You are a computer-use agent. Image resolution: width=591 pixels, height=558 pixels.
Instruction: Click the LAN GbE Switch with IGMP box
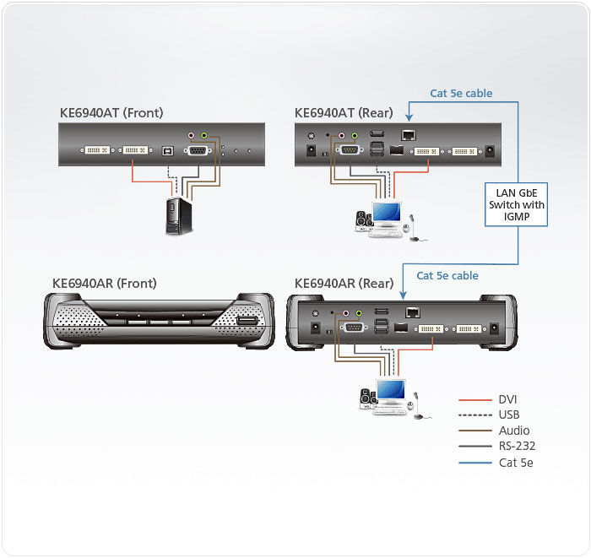tap(518, 205)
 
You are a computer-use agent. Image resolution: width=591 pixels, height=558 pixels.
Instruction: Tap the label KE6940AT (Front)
tap(111, 112)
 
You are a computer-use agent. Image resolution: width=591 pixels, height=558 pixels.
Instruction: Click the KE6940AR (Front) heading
tap(105, 284)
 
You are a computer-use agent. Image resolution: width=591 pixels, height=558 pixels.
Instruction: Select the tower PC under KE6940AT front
tap(178, 215)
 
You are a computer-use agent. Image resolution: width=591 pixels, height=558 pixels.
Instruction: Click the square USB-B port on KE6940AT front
tap(167, 152)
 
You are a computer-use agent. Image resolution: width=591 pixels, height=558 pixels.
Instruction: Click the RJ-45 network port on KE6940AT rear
tap(408, 135)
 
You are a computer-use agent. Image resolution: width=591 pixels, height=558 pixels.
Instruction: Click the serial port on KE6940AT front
tap(200, 151)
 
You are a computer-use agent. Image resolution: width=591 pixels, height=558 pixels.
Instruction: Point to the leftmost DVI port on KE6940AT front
tap(95, 152)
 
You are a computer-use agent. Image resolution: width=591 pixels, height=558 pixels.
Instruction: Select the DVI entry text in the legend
tap(507, 399)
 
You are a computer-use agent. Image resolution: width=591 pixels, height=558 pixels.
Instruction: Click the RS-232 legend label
tap(517, 446)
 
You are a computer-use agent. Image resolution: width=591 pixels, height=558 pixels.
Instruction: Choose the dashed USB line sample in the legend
tap(475, 415)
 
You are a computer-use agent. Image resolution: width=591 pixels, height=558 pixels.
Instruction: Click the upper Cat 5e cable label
tap(461, 94)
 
